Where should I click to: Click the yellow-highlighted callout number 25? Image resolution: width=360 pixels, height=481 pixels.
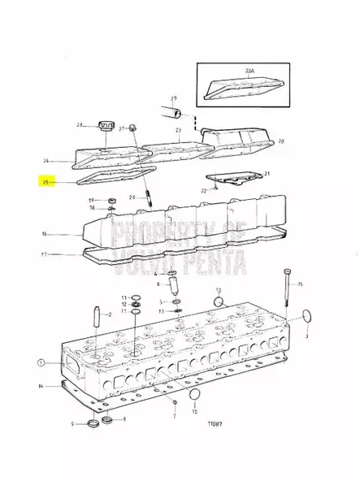click(x=46, y=183)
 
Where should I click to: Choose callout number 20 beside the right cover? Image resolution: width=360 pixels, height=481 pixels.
click(x=281, y=141)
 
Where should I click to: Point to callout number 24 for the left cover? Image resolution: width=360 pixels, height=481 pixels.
click(x=46, y=160)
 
